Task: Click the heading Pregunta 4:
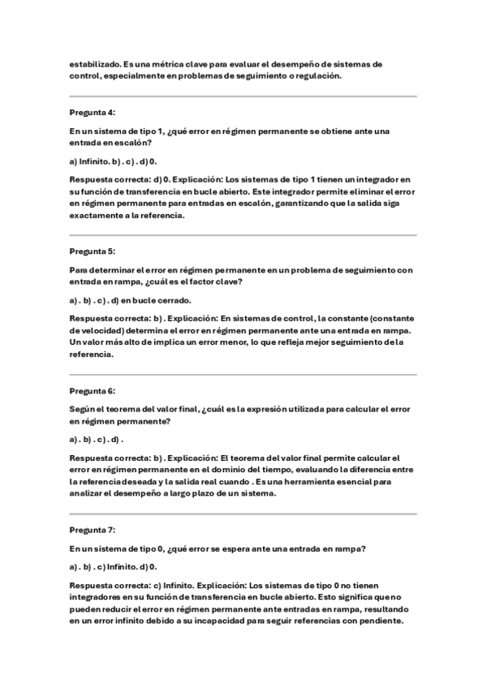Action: (x=92, y=112)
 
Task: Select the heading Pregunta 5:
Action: (x=92, y=251)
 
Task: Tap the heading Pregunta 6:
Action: (x=92, y=390)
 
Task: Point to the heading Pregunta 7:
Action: (x=92, y=530)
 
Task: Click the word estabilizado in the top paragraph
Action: (x=94, y=63)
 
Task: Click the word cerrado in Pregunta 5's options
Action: (x=172, y=299)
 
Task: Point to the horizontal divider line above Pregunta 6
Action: (x=243, y=375)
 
